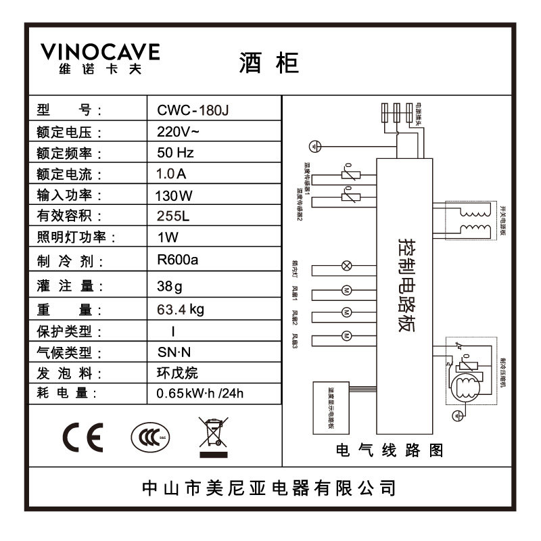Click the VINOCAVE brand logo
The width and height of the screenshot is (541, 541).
99,59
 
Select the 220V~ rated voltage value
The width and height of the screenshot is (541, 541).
177,132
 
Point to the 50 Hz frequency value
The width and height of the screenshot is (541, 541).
175,153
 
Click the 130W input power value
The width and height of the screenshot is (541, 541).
174,196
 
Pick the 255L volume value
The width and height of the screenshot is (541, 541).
172,216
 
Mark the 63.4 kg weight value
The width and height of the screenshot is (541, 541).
180,310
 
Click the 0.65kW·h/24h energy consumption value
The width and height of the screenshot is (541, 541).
199,394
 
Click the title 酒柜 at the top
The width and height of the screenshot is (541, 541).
268,62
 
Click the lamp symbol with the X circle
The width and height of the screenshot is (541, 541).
346,265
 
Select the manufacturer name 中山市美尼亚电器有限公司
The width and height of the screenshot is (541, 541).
269,488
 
